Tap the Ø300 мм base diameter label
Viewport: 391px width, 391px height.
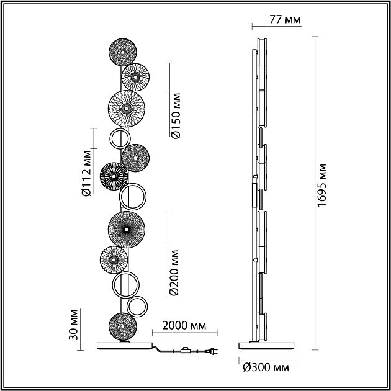click(266, 368)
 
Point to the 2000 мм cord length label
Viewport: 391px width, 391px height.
click(186, 325)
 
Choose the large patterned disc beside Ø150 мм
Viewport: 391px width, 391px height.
click(126, 109)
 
